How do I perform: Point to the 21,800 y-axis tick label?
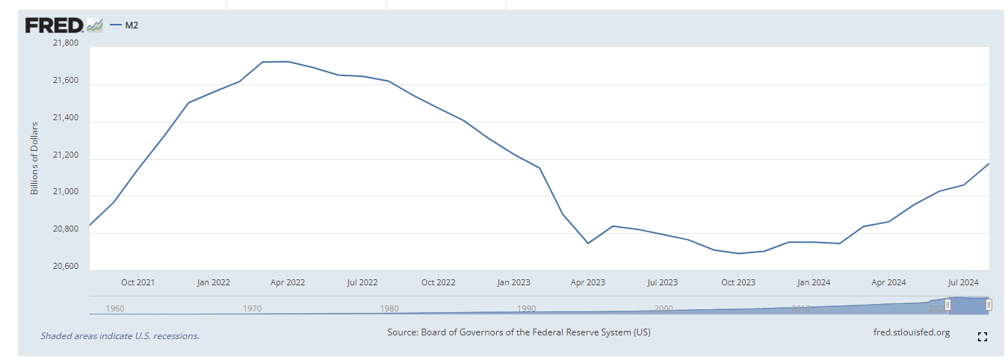(65, 43)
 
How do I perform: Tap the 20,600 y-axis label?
(65, 267)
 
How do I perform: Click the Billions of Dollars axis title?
(34, 158)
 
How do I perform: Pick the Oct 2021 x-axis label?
(137, 282)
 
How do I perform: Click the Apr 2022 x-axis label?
(287, 282)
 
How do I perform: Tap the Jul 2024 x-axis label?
(962, 282)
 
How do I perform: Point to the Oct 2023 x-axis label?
(738, 282)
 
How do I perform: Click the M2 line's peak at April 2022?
(288, 61)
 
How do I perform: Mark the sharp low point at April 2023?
(588, 243)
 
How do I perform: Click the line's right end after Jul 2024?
(989, 164)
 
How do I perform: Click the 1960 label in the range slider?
(115, 308)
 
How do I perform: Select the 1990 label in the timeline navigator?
(526, 308)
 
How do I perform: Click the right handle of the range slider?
(989, 305)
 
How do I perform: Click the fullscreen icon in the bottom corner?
(983, 337)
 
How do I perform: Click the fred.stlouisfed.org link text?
(911, 332)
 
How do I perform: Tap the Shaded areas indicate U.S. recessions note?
(120, 336)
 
